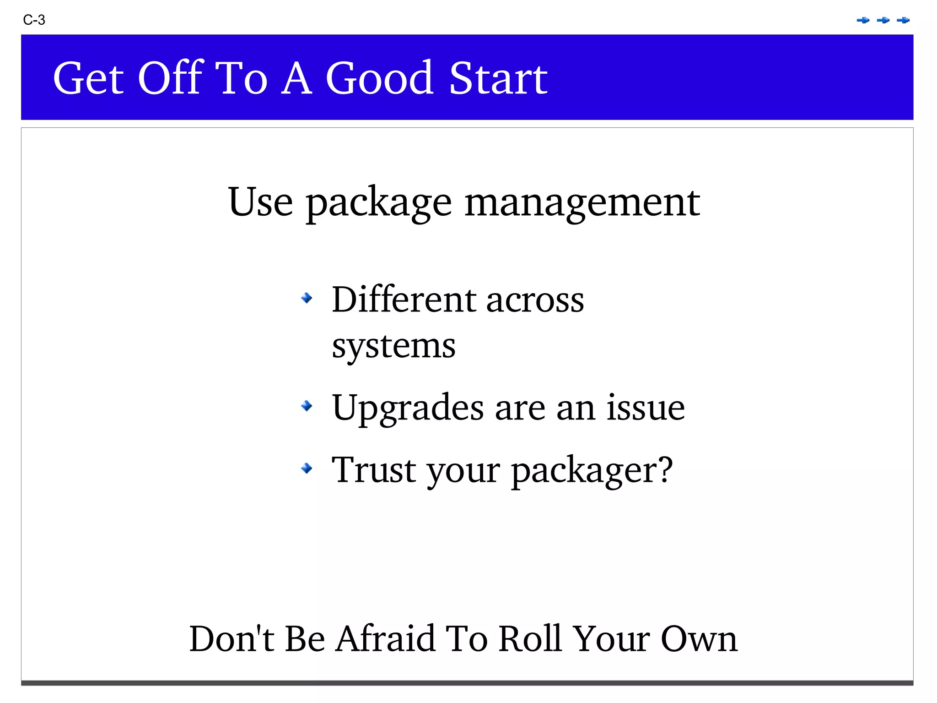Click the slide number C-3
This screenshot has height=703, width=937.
tap(34, 20)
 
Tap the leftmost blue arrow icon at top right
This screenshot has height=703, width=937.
tap(863, 20)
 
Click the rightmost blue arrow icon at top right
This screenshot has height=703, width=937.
tap(903, 20)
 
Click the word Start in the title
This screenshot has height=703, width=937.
tap(498, 79)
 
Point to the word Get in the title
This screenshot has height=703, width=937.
tap(88, 79)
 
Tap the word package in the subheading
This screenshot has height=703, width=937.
tap(379, 203)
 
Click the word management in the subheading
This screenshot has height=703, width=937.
tap(582, 203)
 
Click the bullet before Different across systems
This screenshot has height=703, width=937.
tap(307, 299)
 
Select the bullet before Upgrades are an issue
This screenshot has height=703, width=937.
tap(307, 406)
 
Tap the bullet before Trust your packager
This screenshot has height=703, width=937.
tap(307, 468)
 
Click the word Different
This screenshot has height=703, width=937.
tap(404, 300)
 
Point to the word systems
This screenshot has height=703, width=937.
tap(393, 346)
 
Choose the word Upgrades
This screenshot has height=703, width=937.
tap(408, 408)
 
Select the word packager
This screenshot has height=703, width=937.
tap(592, 471)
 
